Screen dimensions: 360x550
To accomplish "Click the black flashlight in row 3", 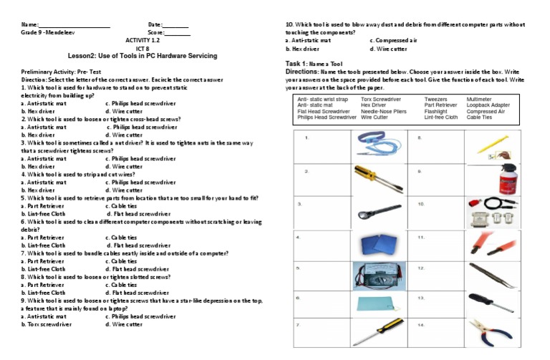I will (370, 212).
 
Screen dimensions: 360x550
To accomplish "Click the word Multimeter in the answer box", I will (479, 99).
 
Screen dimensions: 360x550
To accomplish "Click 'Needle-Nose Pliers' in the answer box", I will (383, 111).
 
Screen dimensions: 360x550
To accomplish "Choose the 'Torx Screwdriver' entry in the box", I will (381, 99).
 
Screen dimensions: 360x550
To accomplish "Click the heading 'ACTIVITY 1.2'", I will (143, 40).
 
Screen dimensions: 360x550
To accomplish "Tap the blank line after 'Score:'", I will (178, 33).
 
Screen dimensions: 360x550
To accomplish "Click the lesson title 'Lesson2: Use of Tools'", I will (143, 56).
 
